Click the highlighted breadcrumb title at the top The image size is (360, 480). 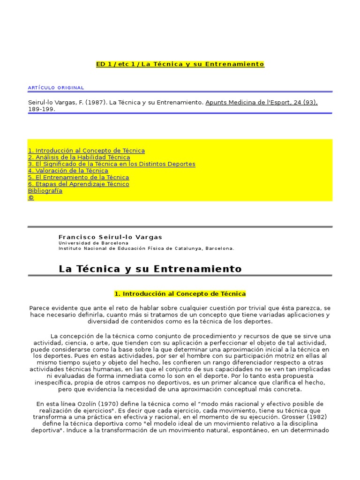pos(180,64)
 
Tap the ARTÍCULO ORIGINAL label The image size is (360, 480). pos(56,88)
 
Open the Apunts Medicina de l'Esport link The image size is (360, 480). pos(261,102)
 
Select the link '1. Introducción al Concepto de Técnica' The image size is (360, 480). pos(86,150)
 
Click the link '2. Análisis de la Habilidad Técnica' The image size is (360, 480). pos(79,157)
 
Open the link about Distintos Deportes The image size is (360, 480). pos(112,164)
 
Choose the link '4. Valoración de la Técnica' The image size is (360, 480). pos(68,171)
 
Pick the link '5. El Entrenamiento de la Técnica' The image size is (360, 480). pos(78,178)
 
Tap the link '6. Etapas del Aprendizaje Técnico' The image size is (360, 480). pos(78,184)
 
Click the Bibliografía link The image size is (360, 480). pos(45,191)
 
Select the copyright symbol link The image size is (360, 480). pos(31,198)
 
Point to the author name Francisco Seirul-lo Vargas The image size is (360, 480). pos(110,237)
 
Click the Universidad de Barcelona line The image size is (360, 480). pos(93,243)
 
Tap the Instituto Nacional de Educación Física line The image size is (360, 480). pos(146,248)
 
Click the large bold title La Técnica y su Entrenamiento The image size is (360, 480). pos(150,269)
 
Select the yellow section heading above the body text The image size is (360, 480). pos(180,294)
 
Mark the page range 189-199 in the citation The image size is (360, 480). pos(42,109)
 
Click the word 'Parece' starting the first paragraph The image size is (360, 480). pos(40,308)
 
